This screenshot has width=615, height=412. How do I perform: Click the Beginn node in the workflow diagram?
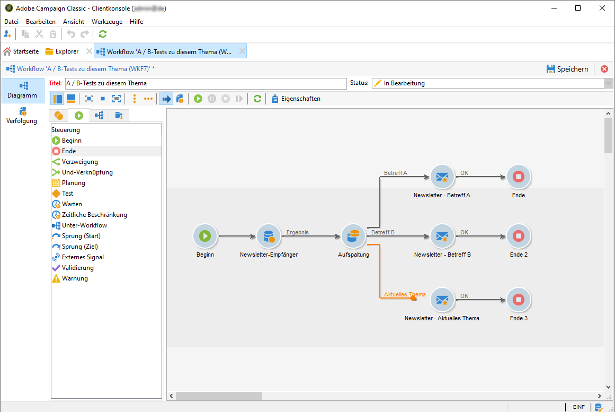(x=205, y=236)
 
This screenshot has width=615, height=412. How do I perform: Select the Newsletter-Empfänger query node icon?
(x=269, y=236)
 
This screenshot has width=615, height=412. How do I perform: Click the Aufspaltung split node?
(x=353, y=236)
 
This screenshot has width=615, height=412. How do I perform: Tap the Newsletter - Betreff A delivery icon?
(x=442, y=177)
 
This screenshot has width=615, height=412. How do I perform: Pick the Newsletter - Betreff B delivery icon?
(x=442, y=236)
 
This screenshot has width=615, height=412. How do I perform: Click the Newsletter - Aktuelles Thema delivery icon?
(x=442, y=300)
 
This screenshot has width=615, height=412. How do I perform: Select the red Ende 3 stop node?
(x=519, y=300)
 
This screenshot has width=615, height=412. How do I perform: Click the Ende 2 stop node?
(x=519, y=236)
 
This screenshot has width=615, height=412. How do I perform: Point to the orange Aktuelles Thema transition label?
(x=405, y=294)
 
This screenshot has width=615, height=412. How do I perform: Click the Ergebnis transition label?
(x=297, y=232)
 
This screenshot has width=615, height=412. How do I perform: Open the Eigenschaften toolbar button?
(x=296, y=99)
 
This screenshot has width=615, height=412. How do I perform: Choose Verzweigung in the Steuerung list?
(x=79, y=162)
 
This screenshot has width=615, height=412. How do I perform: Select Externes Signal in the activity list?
(x=83, y=257)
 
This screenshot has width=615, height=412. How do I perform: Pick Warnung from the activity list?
(x=75, y=278)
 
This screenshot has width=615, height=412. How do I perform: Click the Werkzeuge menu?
(x=107, y=22)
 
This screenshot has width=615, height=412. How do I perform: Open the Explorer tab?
(x=62, y=51)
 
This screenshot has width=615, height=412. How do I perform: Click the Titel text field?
(x=205, y=83)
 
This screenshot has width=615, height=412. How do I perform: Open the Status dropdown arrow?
(x=609, y=83)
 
